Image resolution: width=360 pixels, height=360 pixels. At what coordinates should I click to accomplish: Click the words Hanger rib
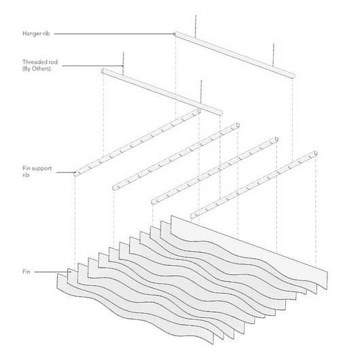[x=36, y=33]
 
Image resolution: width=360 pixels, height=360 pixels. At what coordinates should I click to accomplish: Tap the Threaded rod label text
[x=39, y=62]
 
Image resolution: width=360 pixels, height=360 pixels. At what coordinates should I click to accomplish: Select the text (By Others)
[x=38, y=69]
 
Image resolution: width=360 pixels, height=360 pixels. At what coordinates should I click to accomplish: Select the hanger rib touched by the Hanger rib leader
[x=234, y=54]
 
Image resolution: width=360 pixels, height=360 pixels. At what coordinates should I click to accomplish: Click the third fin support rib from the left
[x=216, y=170]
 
